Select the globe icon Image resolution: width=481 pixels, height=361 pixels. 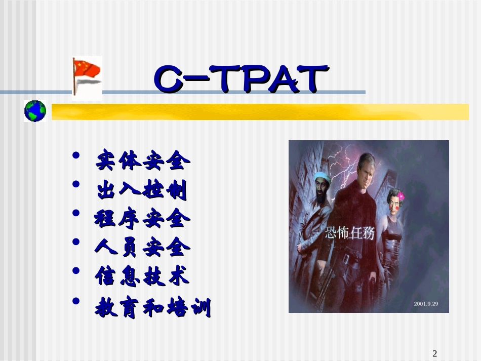pyautogui.click(x=35, y=110)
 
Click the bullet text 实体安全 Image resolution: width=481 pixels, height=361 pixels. pyautogui.click(x=143, y=161)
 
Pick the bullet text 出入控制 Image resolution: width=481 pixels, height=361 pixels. pyautogui.click(x=142, y=191)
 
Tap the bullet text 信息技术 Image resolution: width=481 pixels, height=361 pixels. pyautogui.click(x=142, y=276)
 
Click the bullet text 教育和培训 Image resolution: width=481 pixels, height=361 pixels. pyautogui.click(x=152, y=307)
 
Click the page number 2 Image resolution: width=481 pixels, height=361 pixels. pyautogui.click(x=434, y=353)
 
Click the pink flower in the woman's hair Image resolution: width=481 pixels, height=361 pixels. pyautogui.click(x=401, y=196)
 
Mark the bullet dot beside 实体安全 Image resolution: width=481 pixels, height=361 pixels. pyautogui.click(x=76, y=155)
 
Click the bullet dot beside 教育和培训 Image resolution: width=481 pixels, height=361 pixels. pyautogui.click(x=76, y=301)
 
